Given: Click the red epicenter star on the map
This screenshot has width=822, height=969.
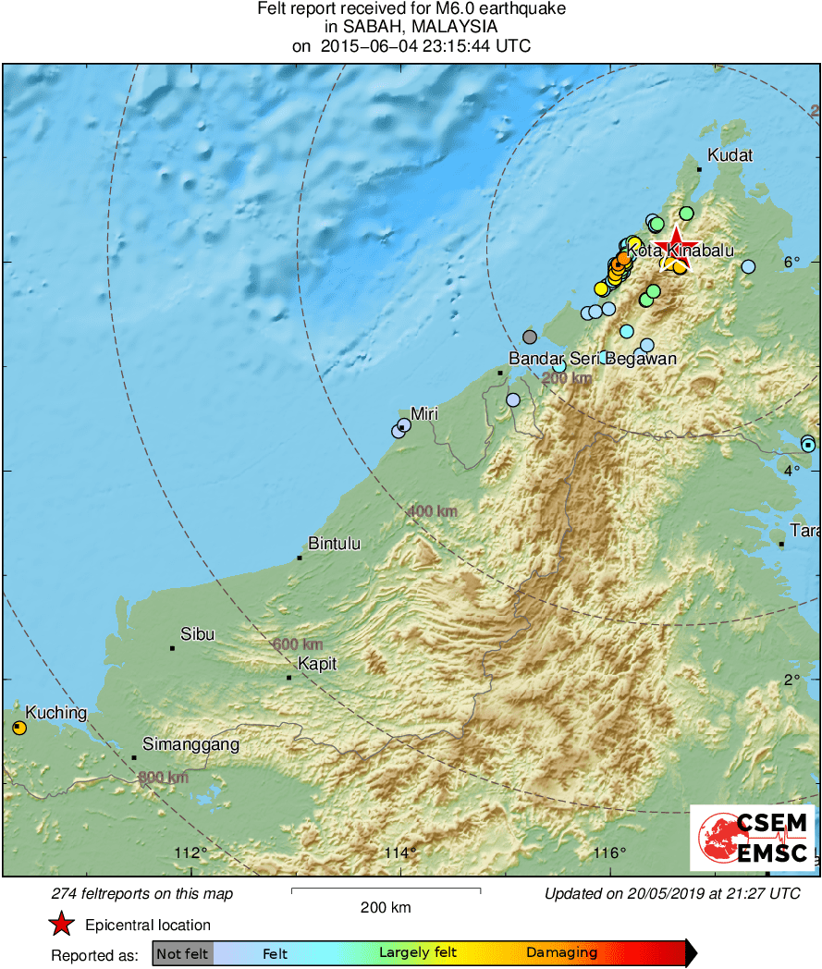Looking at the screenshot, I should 676,248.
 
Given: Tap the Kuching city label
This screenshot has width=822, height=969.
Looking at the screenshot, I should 55,713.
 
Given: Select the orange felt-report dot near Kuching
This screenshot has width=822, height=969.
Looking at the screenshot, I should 19,729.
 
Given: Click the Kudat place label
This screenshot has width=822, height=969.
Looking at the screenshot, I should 730,155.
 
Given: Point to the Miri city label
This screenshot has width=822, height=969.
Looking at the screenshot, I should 423,413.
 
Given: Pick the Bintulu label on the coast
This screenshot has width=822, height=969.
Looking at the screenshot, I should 334,544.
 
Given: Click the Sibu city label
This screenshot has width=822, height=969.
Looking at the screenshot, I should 197,634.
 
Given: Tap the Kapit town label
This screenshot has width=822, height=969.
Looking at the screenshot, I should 317,664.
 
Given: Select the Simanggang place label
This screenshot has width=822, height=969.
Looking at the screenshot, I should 190,744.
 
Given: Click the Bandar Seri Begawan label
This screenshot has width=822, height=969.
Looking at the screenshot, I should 593,359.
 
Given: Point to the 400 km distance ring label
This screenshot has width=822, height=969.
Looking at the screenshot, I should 433,510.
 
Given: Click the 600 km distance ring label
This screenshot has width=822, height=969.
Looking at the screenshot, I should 299,644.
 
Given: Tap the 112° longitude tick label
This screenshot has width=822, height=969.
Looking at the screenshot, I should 192,852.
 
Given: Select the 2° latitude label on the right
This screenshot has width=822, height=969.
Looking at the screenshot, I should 791,680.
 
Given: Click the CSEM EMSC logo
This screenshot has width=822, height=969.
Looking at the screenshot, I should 752,838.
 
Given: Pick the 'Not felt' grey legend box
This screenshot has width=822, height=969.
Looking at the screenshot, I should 182,953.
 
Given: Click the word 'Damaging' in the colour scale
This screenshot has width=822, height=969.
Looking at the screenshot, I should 561,953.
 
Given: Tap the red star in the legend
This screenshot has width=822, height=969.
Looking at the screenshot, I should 61,925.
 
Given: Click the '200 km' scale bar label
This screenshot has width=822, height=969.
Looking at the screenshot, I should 386,907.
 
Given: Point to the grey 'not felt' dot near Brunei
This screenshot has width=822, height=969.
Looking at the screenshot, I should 529,337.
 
